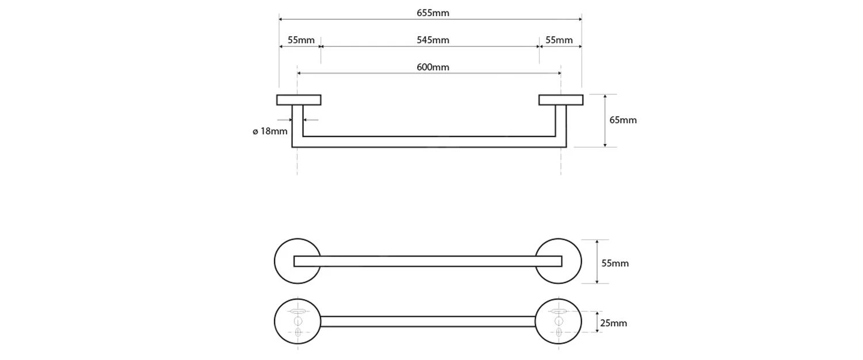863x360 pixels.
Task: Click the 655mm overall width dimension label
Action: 433,13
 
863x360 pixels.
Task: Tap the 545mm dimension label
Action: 433,40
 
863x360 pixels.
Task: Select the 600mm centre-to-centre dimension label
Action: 433,67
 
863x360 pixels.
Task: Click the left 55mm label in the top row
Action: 301,40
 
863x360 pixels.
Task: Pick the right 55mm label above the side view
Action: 559,40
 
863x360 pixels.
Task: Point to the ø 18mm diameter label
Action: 270,131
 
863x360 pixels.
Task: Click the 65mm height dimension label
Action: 623,120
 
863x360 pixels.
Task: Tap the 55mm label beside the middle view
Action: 615,263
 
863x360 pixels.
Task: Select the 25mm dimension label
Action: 613,323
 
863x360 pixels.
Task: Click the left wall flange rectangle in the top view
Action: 299,99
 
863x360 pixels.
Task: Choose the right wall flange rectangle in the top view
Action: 561,99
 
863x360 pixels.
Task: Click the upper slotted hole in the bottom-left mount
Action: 297,312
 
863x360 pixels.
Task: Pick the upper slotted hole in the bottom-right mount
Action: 558,312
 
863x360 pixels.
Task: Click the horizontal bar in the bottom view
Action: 427,321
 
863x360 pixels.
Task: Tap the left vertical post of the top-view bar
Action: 297,124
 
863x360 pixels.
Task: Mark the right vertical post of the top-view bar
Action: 561,124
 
